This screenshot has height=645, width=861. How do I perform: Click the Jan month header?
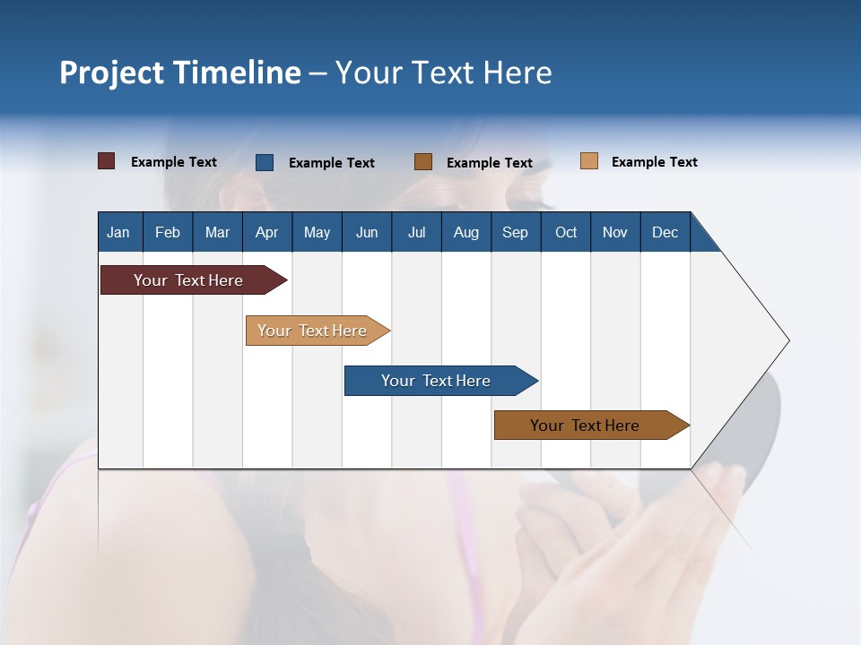click(119, 232)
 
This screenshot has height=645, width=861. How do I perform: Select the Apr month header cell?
click(266, 232)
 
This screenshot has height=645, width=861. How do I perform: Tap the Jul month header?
click(416, 232)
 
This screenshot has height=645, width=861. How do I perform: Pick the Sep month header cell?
click(515, 232)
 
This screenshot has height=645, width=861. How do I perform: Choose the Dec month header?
click(665, 232)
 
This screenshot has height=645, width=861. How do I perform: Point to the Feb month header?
click(168, 232)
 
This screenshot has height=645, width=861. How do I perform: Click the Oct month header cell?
click(566, 232)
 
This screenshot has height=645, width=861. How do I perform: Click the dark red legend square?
click(107, 161)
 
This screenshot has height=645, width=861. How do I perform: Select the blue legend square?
click(265, 162)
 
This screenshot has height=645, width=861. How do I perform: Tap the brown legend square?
click(423, 162)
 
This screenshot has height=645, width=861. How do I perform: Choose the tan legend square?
click(589, 161)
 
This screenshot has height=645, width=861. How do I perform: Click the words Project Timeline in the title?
click(180, 73)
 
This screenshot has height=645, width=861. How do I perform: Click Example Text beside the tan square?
click(654, 162)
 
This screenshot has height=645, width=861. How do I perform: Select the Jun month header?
click(367, 232)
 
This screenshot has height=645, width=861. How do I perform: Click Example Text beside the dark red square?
click(174, 162)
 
